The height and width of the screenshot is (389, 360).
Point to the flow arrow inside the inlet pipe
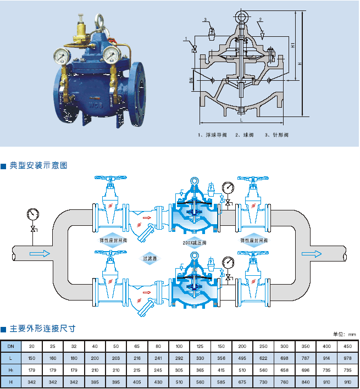point(39,254)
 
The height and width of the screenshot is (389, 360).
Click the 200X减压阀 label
point(194,242)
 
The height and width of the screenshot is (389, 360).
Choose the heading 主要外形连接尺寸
point(42,329)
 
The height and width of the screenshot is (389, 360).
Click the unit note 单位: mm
point(345,334)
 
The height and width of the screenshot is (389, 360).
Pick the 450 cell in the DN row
point(347,347)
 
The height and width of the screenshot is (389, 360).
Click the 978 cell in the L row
point(347,357)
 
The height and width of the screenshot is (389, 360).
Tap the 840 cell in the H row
point(306,381)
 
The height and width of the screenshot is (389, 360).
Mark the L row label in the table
point(10,357)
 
